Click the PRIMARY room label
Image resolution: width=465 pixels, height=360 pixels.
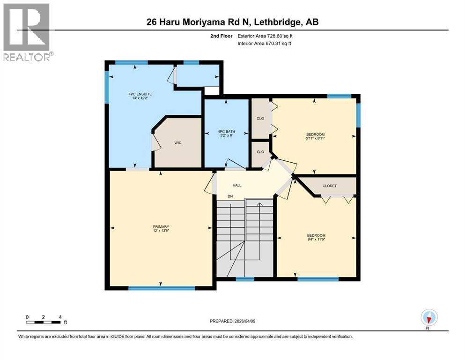click(160, 226)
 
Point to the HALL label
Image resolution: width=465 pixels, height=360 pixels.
click(237, 186)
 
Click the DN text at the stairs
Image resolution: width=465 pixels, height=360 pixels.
click(230, 196)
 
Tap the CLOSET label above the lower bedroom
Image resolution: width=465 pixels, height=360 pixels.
click(329, 186)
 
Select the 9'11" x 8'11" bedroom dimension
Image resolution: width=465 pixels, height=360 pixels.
click(316, 138)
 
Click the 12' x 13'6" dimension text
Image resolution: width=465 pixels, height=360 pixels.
click(160, 231)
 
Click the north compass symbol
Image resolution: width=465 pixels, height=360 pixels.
click(429, 317)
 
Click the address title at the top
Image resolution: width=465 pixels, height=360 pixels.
click(233, 22)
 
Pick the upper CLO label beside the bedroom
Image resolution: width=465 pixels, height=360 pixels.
click(260, 119)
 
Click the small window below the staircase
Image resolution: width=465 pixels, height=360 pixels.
click(244, 279)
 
